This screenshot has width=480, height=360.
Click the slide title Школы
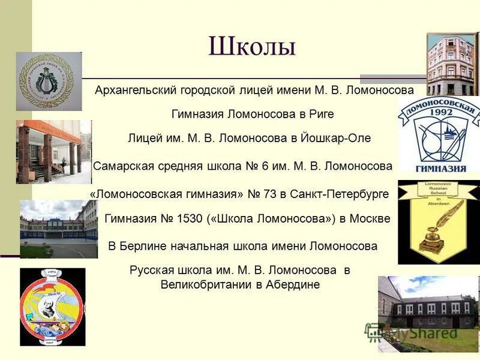pyautogui.click(x=252, y=47)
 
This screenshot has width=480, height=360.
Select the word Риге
pyautogui.click(x=321, y=114)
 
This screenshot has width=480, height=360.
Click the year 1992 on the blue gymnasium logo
pyautogui.click(x=442, y=112)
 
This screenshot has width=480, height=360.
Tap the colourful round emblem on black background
pyautogui.click(x=53, y=307)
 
